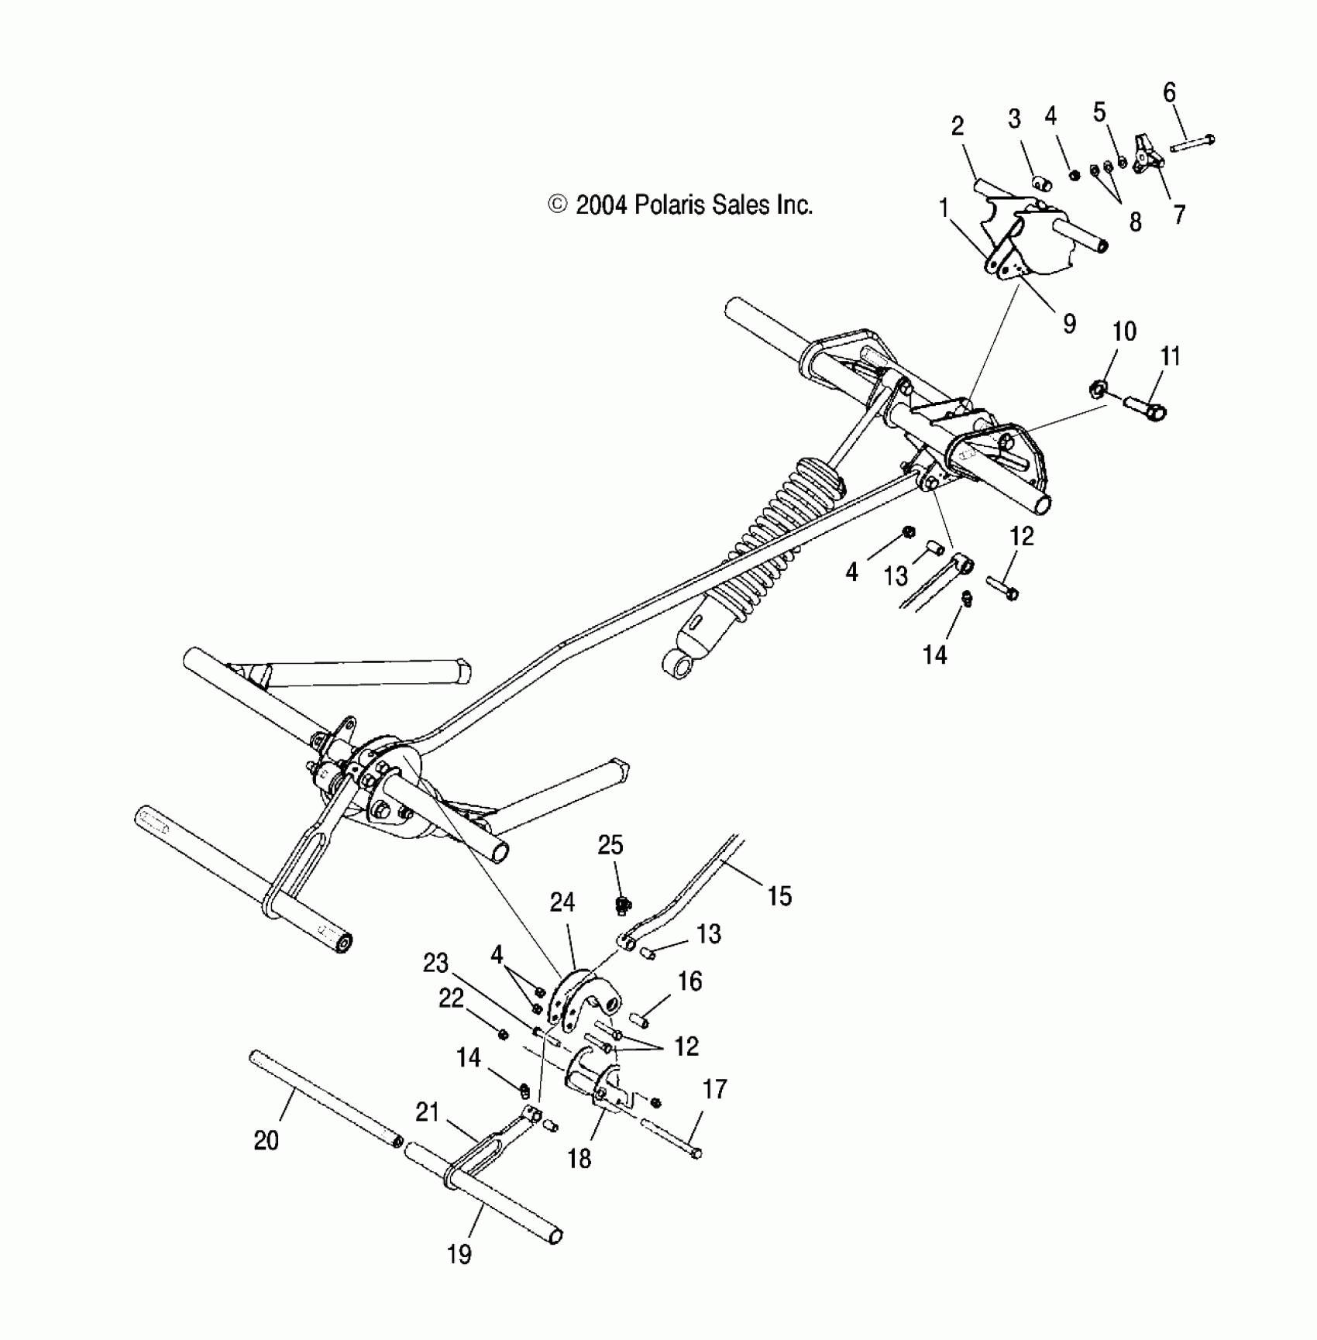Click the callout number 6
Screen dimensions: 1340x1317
pos(1169,93)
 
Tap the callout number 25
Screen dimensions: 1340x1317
pos(610,845)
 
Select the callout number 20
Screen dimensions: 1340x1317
pos(266,1141)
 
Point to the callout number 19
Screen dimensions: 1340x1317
pos(459,1254)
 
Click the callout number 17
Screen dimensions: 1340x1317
pos(714,1089)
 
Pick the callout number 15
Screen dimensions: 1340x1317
pos(779,896)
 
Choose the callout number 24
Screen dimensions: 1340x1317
pos(562,902)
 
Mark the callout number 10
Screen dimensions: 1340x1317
pos(1124,332)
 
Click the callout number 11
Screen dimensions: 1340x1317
pos(1170,357)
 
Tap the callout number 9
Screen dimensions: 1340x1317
pos(1069,323)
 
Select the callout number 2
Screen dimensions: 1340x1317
pos(958,126)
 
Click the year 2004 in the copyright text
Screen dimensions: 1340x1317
pos(600,205)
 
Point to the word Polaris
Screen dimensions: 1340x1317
pos(666,205)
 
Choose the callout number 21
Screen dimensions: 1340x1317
pos(427,1113)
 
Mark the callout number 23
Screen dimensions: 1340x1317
pos(435,964)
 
